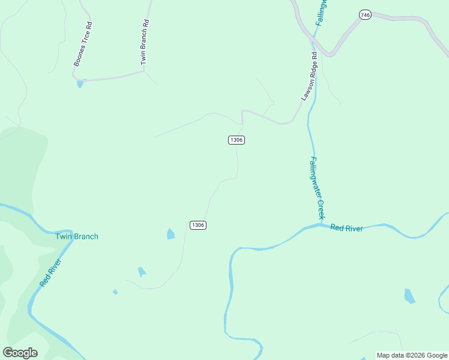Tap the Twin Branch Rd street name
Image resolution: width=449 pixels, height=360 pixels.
coord(144,42)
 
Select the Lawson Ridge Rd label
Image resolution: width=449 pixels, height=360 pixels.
coord(309,76)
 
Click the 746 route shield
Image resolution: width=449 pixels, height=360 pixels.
coord(364,14)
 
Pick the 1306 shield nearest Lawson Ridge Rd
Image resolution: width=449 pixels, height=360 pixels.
coord(237,140)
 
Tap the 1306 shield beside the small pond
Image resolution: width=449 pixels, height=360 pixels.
coord(198,225)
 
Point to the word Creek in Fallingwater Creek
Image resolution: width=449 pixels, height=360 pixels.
coord(321,208)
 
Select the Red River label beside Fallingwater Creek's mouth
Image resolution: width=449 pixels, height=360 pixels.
coord(346,228)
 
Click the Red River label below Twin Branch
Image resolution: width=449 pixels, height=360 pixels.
coord(50,273)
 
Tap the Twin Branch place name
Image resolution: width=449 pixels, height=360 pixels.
coord(77,236)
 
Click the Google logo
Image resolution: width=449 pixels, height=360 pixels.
coord(20,353)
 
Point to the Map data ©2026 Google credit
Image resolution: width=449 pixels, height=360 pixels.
coord(412,355)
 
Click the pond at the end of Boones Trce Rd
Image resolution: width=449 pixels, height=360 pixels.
coord(80,84)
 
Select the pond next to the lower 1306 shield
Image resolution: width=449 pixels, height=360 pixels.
coord(170,234)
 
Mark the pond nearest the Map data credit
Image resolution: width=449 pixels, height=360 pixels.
coord(409,296)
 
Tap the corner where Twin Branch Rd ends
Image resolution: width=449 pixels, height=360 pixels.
coord(144,71)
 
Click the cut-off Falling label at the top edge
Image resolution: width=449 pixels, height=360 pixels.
coord(322,11)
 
